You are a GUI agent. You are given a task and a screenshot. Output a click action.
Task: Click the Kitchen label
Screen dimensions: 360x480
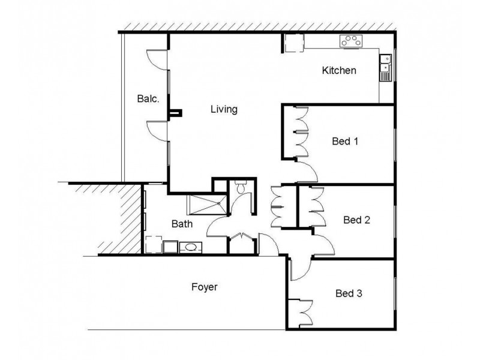(x=339, y=71)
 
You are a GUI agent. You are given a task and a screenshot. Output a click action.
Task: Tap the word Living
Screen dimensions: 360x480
(x=224, y=110)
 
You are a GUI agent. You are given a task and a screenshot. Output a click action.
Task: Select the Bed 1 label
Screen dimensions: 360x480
(x=345, y=142)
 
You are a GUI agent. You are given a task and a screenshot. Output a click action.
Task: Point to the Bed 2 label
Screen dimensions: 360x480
(x=356, y=220)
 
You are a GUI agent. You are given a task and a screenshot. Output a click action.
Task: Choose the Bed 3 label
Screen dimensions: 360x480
(x=349, y=294)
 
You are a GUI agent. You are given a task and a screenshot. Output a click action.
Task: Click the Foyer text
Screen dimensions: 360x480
(x=204, y=287)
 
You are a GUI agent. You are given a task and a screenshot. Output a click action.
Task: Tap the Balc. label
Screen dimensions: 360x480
(x=148, y=98)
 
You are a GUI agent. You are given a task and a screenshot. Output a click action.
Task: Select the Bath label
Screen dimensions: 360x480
(x=182, y=224)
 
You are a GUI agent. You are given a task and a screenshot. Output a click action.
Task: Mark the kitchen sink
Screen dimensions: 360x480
(x=385, y=67)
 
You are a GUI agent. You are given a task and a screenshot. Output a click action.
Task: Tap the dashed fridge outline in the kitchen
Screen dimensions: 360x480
(x=294, y=43)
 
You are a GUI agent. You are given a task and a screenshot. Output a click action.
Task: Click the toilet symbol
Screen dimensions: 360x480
(x=241, y=187)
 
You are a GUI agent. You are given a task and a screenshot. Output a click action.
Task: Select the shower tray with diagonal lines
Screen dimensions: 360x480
(x=207, y=205)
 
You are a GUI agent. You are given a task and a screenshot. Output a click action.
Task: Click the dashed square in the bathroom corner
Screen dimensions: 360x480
(x=154, y=245)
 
